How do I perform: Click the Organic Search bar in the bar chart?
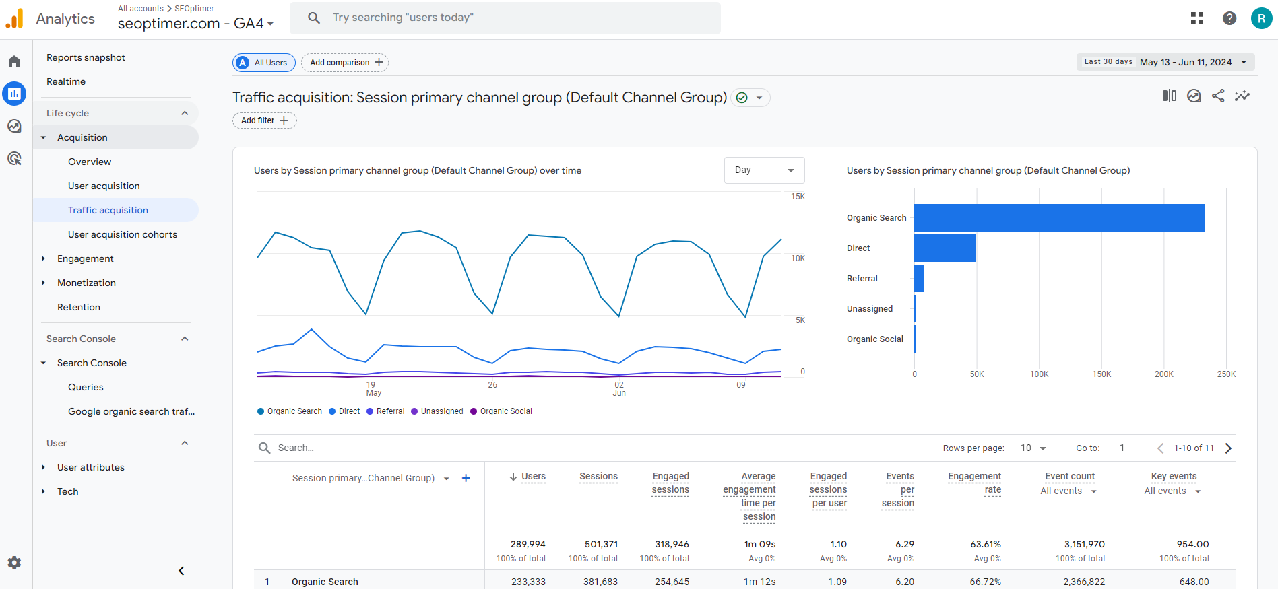click(1059, 218)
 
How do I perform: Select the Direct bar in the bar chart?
click(945, 248)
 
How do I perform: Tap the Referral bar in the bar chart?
click(919, 279)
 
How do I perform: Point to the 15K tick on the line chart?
click(798, 197)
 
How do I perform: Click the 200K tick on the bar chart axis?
click(1163, 374)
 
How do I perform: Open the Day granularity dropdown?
click(764, 170)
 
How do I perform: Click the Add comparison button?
click(345, 63)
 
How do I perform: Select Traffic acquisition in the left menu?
click(108, 210)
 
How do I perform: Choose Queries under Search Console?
click(86, 387)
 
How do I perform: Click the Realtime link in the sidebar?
click(66, 81)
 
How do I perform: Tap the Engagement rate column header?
click(974, 483)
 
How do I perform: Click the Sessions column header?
click(598, 477)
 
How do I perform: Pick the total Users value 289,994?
click(528, 544)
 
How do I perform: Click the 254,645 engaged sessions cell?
click(672, 582)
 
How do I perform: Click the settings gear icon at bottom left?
click(14, 563)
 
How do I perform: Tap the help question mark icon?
click(1229, 18)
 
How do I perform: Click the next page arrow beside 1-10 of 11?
click(1228, 448)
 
